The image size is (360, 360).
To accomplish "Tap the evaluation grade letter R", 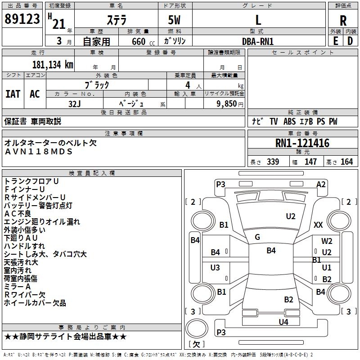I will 343,20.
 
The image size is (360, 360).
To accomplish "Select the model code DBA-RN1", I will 258,41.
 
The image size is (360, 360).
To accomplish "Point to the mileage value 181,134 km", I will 52,64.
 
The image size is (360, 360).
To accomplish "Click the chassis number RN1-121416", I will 302,144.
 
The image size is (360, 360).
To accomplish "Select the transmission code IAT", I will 13,94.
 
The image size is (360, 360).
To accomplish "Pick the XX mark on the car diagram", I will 318,225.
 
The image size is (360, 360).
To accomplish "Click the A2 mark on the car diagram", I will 321,184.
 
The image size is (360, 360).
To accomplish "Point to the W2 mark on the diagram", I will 327,241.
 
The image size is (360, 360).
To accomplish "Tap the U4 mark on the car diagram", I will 283,322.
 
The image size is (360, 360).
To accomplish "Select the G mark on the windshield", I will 257,237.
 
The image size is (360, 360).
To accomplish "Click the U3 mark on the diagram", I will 215,268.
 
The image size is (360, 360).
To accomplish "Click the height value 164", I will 346,162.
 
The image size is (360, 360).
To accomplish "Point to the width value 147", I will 310,162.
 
